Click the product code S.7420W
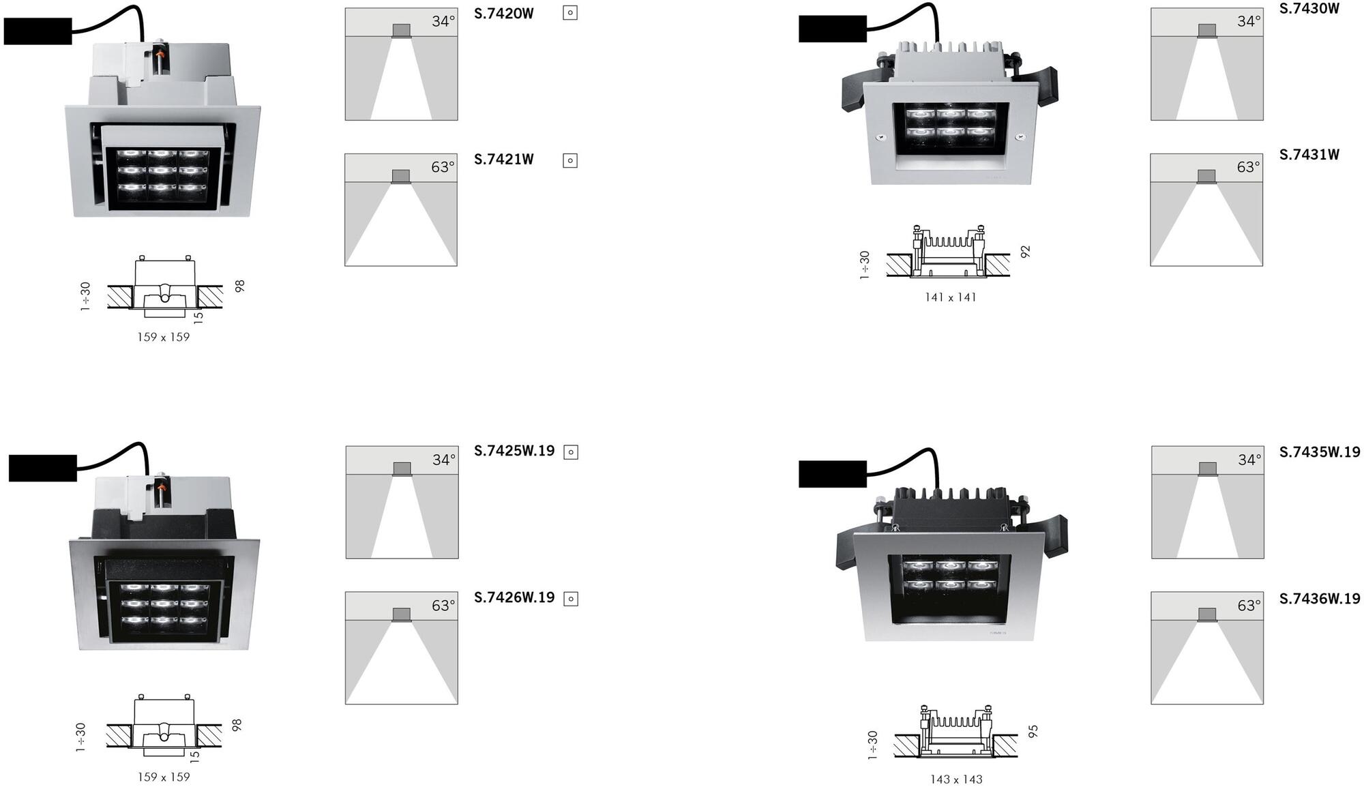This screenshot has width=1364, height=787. click(503, 14)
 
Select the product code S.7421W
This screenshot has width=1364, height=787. click(503, 160)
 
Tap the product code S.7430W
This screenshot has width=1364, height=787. click(1309, 8)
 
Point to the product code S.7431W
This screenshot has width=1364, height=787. click(1309, 155)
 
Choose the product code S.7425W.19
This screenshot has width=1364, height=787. click(514, 451)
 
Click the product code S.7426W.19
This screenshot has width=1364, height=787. click(514, 597)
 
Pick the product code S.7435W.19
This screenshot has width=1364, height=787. click(1320, 452)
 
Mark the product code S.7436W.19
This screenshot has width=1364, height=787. click(1320, 599)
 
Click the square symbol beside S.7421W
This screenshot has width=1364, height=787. click(570, 160)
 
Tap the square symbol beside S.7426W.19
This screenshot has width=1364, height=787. click(571, 599)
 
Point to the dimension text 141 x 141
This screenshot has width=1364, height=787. click(951, 297)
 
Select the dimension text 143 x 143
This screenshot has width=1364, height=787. click(956, 779)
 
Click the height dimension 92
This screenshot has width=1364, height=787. click(1025, 252)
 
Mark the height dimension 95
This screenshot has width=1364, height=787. click(1033, 731)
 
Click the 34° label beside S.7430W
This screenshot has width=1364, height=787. click(1249, 21)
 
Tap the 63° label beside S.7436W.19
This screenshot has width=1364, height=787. click(1249, 606)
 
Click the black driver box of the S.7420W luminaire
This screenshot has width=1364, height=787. click(38, 31)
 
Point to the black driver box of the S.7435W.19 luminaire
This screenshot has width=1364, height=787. click(833, 474)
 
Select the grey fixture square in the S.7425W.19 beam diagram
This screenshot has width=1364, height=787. click(402, 469)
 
